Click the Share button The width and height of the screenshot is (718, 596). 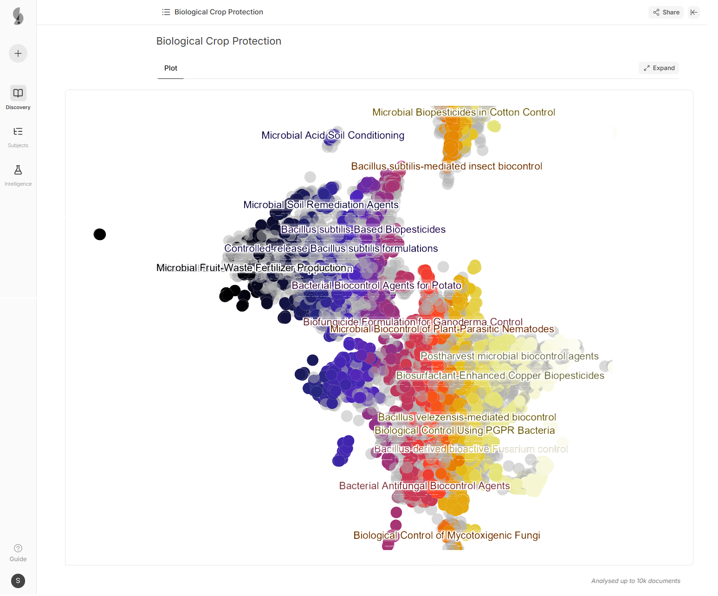point(666,13)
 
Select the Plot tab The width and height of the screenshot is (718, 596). point(171,68)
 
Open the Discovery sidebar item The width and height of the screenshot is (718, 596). point(18,97)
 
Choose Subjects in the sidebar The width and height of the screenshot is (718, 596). point(18,136)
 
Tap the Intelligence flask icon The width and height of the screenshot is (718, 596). point(18,170)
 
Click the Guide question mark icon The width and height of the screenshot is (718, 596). point(18,548)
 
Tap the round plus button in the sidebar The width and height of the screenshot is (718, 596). point(18,53)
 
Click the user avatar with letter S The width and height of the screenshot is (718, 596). point(18,581)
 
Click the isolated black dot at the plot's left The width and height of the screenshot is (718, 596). point(100,234)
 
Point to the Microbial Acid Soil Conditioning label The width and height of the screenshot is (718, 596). point(333,136)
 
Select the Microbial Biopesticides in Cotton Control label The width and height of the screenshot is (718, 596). point(463,112)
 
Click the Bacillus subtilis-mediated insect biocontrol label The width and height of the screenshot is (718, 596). point(446,166)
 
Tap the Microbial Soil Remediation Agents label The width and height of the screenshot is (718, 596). point(321,205)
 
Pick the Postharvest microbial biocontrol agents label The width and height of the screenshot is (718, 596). point(509,356)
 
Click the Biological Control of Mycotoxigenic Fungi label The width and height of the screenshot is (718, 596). point(446,535)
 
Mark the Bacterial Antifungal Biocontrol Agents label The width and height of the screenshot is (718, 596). point(424,486)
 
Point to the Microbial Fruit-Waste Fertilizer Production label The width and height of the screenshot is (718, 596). point(252,268)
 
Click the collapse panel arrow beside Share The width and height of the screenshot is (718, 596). point(694,13)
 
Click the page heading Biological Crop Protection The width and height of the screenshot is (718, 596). point(219,41)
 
